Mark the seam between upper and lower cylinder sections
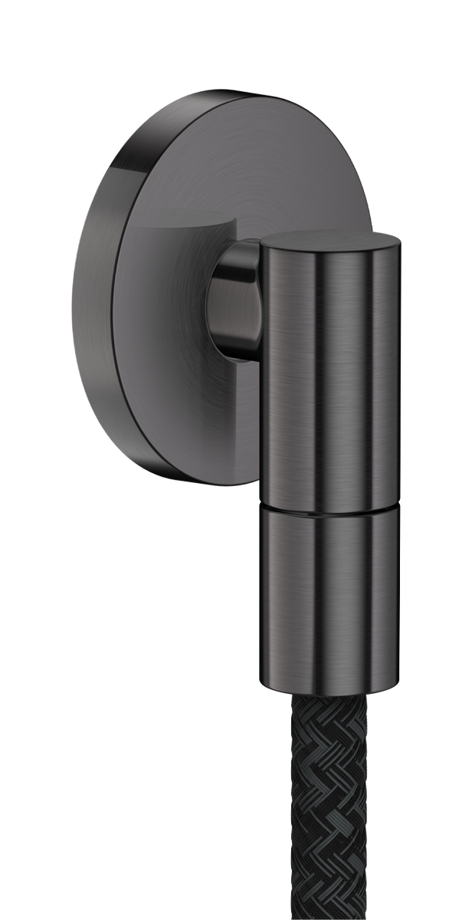click(329, 510)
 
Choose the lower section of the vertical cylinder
click(329, 598)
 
